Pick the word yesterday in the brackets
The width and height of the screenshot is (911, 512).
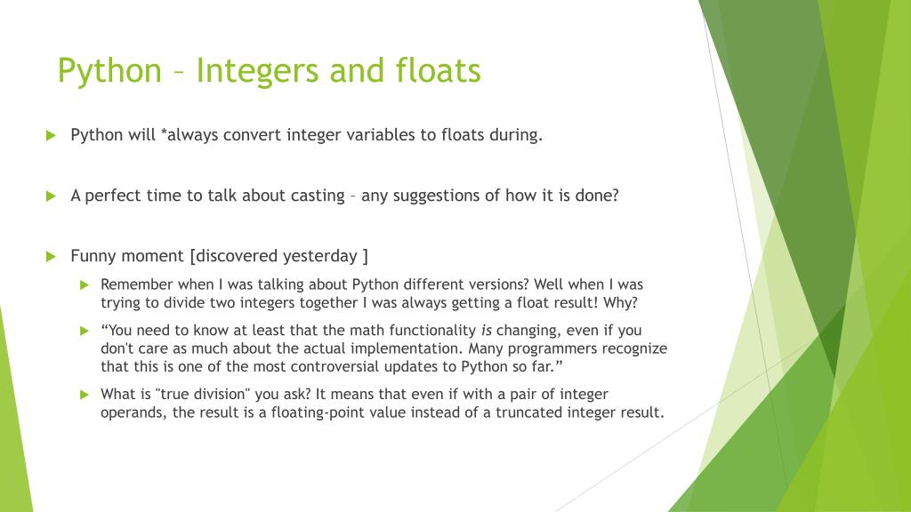[319, 256]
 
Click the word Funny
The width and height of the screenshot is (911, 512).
[93, 256]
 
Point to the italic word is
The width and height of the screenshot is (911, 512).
[487, 331]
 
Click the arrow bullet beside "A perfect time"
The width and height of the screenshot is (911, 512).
[51, 196]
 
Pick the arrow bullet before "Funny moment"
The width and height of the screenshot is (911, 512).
[51, 257]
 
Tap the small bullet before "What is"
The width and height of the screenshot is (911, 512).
[85, 394]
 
